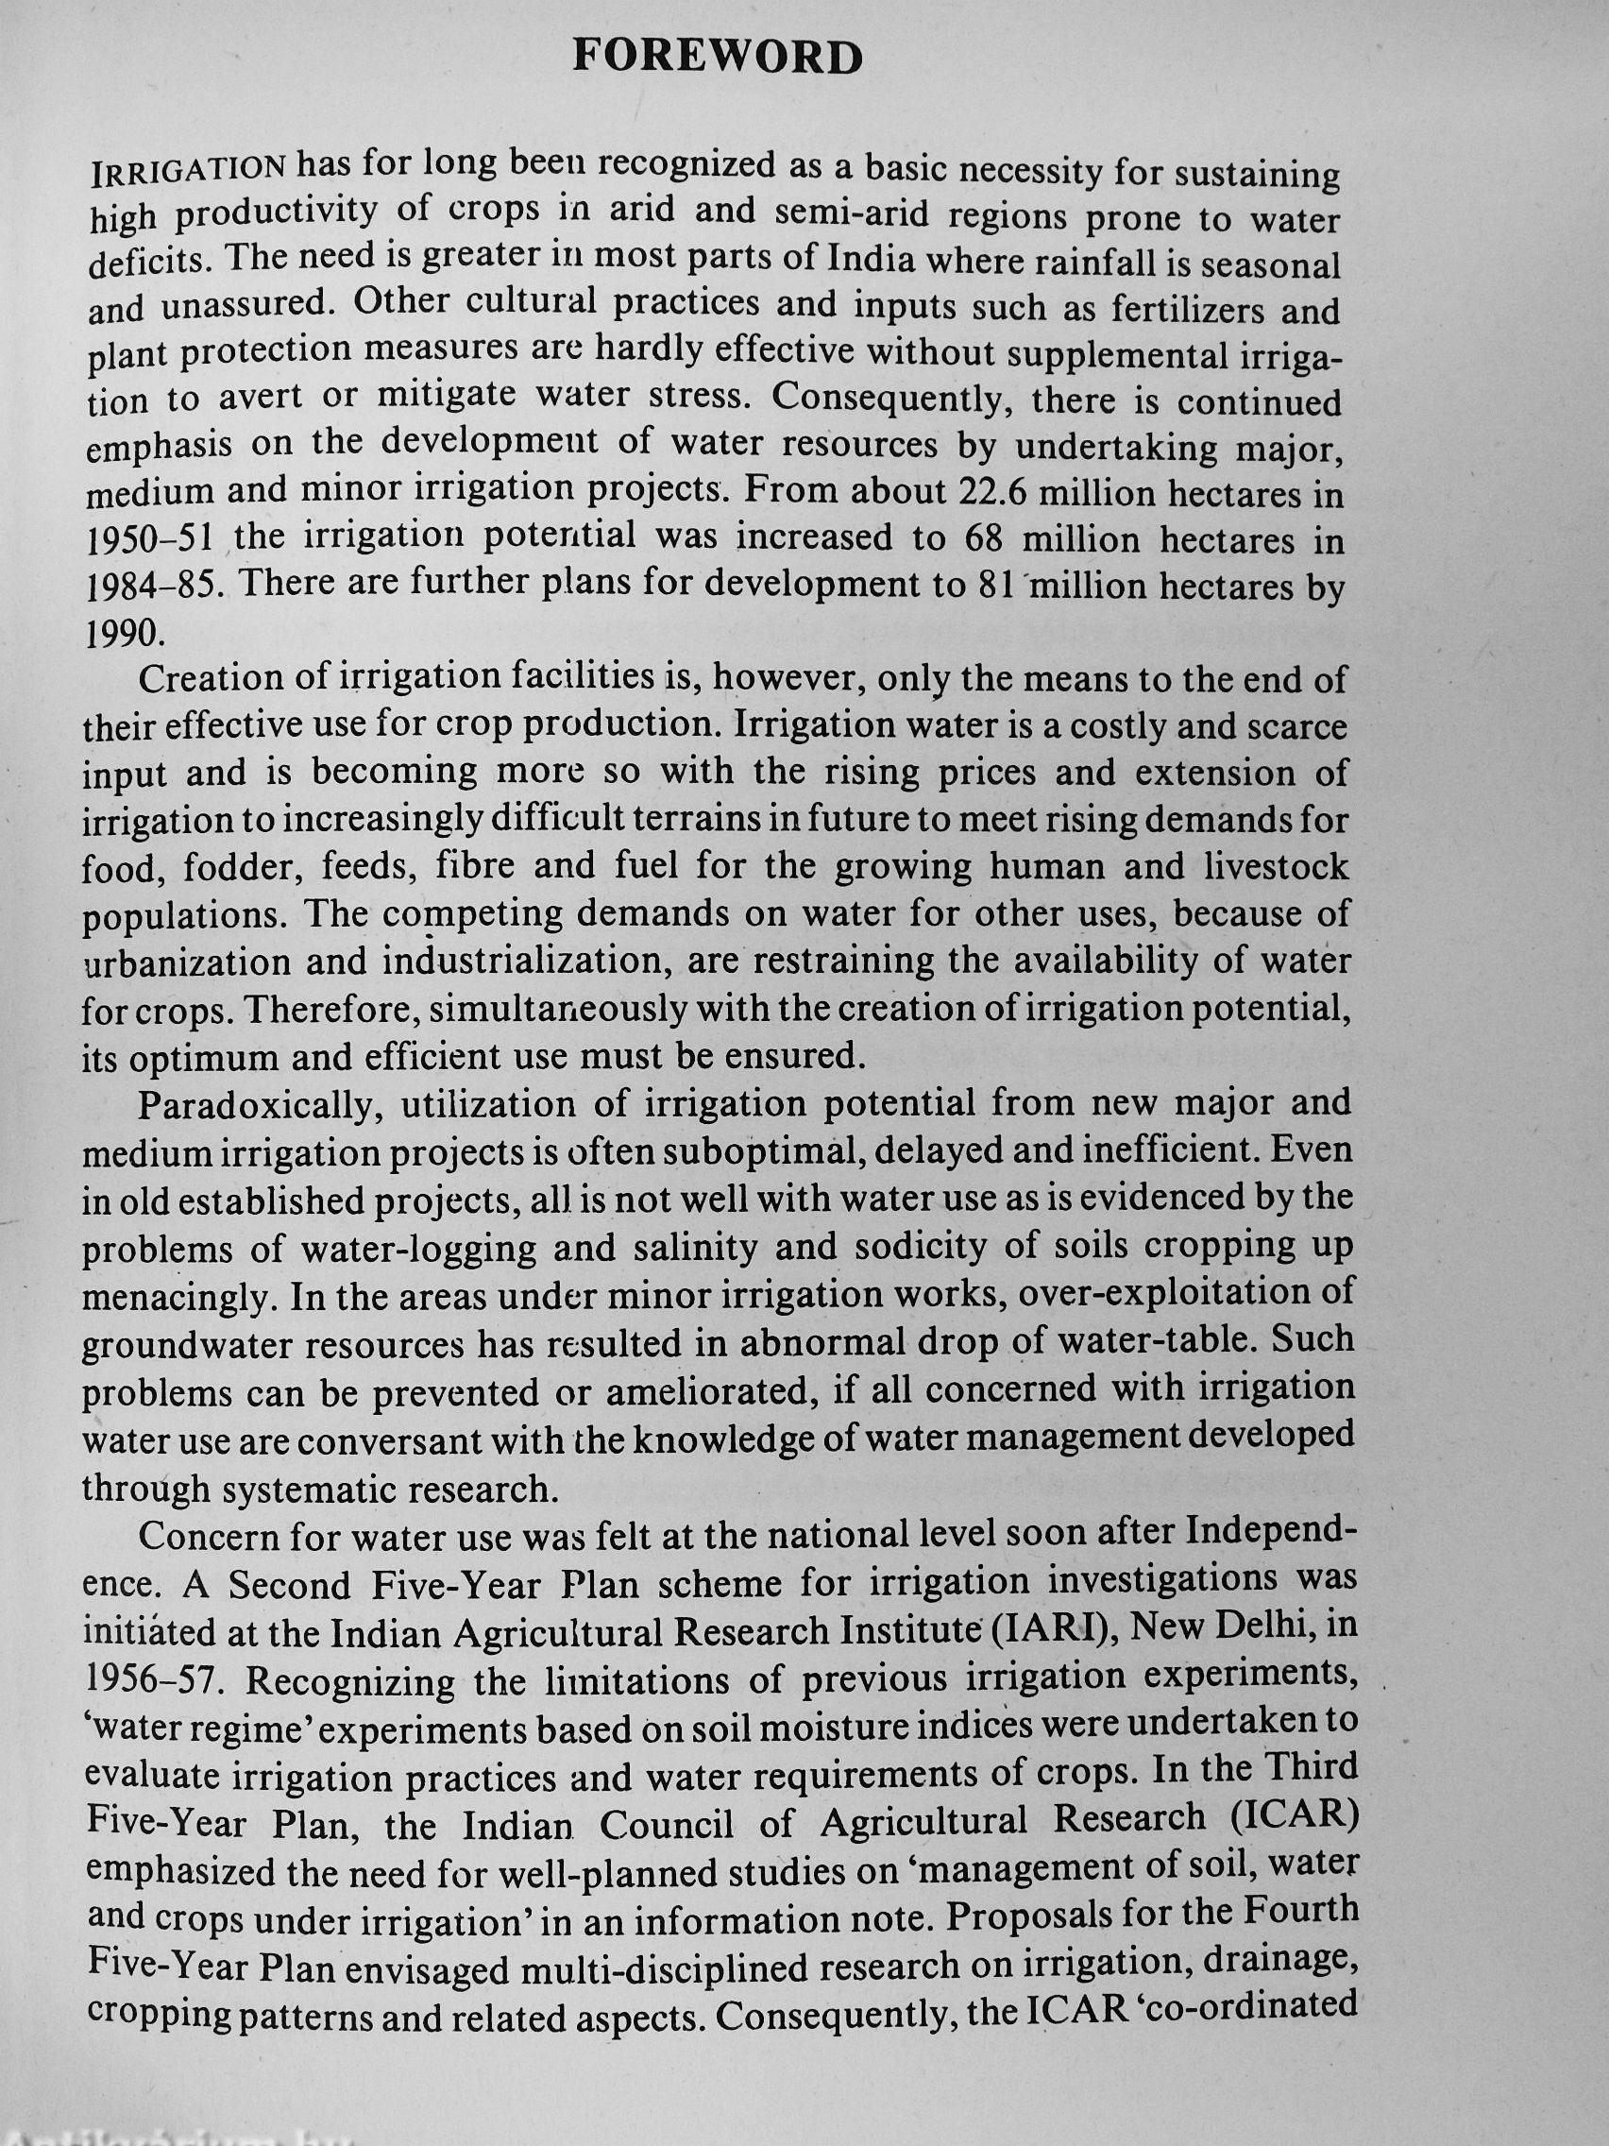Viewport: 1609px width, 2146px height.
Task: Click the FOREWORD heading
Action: [x=718, y=59]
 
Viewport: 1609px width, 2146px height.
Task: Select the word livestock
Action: [x=1276, y=867]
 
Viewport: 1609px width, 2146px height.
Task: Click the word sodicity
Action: [x=907, y=1247]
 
